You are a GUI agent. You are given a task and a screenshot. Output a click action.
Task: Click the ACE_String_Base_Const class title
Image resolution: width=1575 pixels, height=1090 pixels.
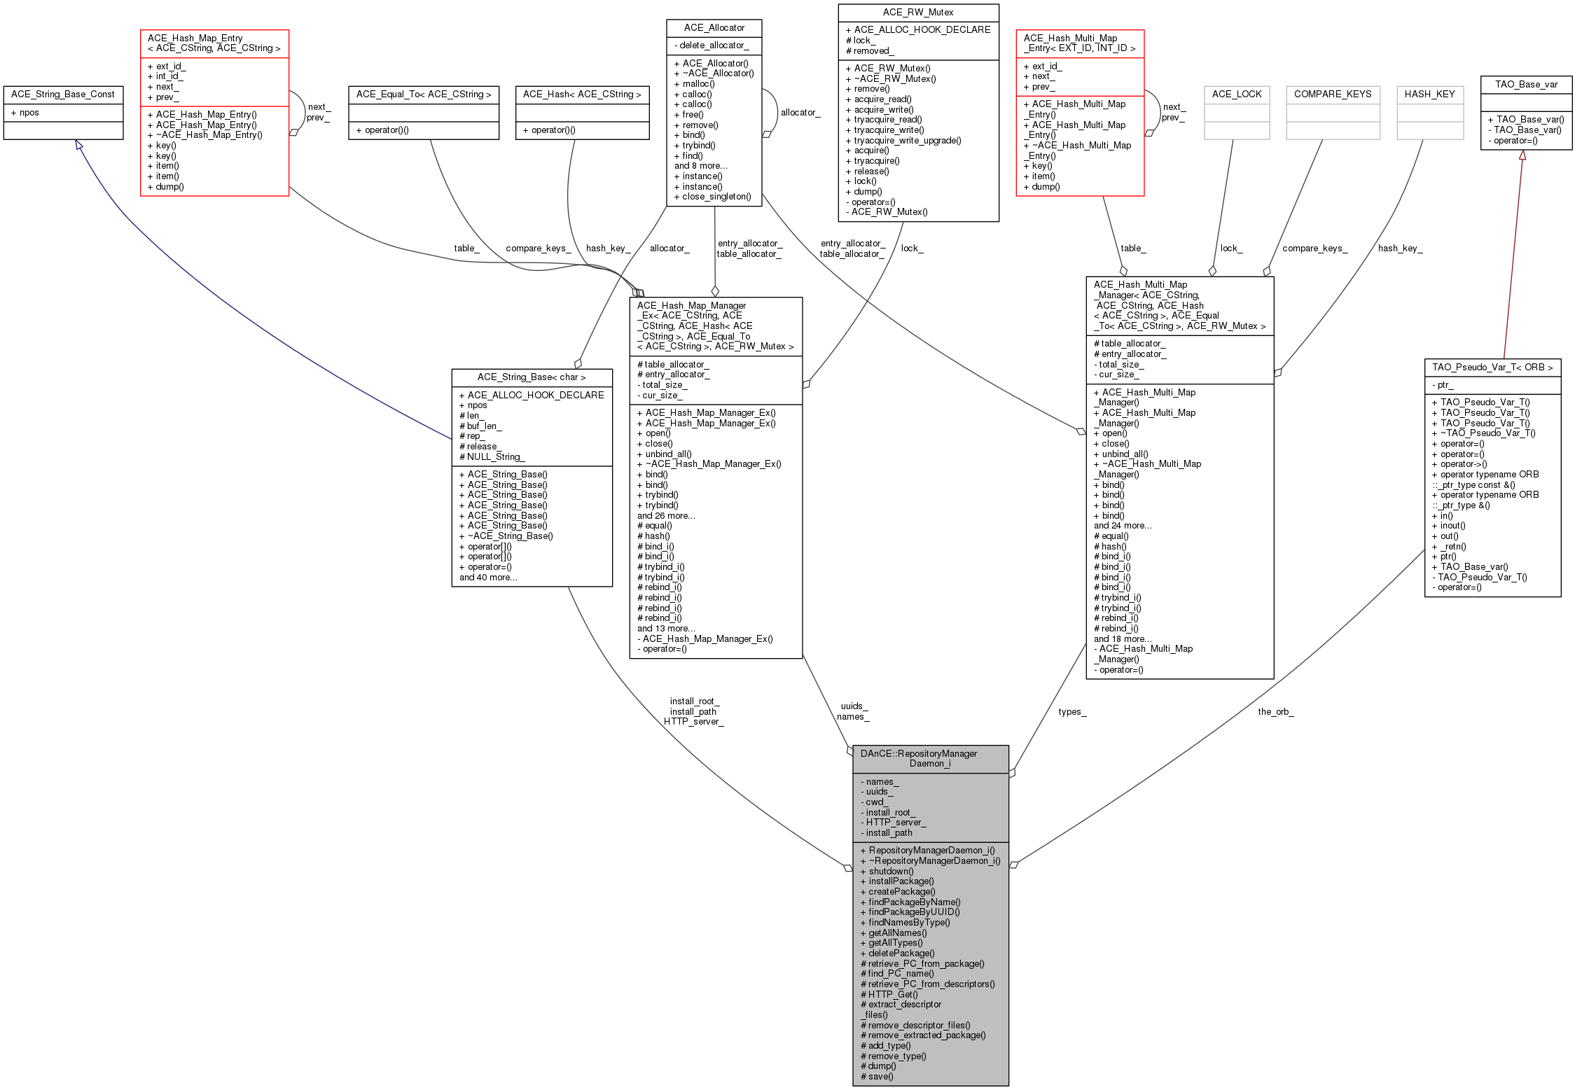coord(63,95)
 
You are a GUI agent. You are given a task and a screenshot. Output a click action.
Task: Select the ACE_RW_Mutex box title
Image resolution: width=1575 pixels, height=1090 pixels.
coord(918,13)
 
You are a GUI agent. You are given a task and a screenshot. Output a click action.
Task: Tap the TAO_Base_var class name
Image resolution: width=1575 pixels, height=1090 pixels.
coord(1526,85)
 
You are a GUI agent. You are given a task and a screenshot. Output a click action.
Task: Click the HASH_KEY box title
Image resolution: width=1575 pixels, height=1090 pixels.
coord(1429,95)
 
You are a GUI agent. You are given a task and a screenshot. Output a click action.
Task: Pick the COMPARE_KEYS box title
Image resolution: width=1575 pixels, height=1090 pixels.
coord(1332,95)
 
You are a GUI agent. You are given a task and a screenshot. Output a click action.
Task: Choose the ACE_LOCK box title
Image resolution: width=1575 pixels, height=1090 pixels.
coord(1236,95)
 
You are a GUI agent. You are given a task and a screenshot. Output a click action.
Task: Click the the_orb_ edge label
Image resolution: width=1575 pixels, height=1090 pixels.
coord(1275,712)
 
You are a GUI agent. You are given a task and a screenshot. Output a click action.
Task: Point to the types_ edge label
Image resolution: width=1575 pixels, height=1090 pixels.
coord(1072,712)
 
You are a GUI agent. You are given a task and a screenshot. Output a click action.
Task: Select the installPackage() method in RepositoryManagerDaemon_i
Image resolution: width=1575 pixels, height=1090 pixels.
coord(901,881)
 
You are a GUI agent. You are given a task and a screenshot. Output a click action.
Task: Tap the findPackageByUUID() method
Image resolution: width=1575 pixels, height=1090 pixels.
coord(914,912)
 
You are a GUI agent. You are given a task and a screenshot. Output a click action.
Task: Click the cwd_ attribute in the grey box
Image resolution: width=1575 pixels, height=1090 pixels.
coord(875,802)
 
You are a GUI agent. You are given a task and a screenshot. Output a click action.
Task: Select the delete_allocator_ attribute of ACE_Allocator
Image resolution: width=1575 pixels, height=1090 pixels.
coord(714,46)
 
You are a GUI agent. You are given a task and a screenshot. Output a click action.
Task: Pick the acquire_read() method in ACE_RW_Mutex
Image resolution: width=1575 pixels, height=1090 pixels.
coord(882,99)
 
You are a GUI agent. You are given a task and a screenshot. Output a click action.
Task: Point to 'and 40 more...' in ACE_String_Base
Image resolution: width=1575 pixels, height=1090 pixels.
coord(488,578)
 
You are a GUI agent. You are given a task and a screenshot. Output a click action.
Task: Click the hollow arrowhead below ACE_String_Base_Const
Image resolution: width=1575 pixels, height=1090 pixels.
coord(79,145)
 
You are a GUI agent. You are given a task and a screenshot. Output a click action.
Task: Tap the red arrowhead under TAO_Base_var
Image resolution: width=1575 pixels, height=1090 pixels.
coord(1522,155)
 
